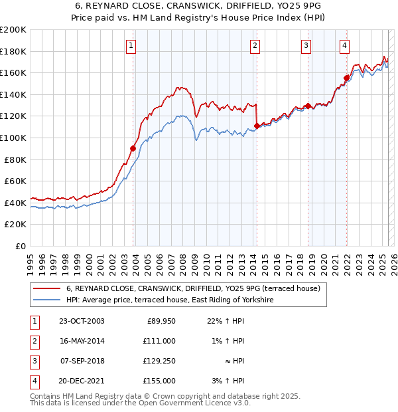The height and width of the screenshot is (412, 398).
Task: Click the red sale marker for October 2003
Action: coord(133,148)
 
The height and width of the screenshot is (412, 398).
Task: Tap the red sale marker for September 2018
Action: coord(308,106)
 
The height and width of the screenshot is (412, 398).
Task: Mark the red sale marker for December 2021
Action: coord(346,78)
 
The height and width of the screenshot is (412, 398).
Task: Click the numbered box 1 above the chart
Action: coord(131,46)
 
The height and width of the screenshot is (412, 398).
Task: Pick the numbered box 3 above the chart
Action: coord(306,46)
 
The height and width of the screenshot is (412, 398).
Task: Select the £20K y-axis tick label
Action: coord(16,225)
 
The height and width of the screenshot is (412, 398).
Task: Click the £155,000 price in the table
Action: coord(159,381)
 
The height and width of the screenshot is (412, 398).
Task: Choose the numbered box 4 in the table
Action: coord(34,381)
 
